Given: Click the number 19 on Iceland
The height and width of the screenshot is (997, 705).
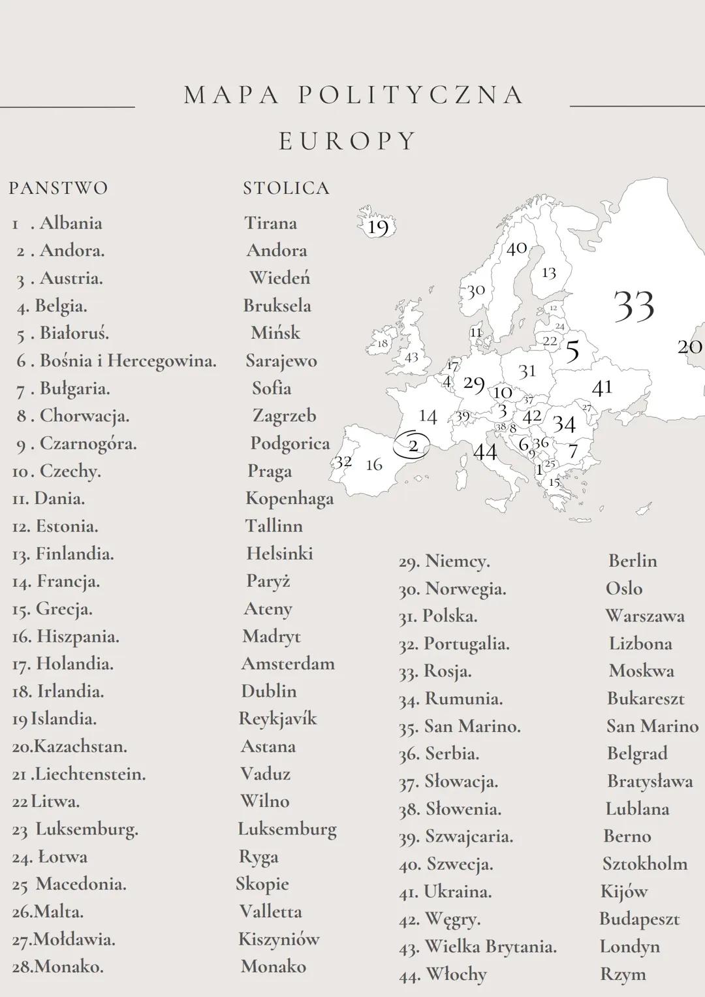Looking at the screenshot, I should tap(378, 227).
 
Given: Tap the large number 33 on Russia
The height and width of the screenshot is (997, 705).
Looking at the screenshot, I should tap(634, 306).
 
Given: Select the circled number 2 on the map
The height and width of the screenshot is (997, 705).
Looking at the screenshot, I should tap(413, 446).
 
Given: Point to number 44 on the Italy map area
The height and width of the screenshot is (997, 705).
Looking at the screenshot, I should tap(485, 452).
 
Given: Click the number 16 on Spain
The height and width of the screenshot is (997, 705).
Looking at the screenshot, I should tap(374, 465).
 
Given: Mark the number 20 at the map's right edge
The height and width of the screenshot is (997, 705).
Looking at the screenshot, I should tap(689, 347).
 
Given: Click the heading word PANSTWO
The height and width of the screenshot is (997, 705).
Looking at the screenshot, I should tap(58, 188).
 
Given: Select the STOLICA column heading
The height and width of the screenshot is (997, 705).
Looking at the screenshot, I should tap(286, 188).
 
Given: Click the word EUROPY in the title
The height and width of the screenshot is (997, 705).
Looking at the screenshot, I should tap(347, 141).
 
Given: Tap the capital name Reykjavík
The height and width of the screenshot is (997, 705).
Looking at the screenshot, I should tap(277, 719).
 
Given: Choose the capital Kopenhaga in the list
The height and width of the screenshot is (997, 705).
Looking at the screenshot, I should tap(289, 499).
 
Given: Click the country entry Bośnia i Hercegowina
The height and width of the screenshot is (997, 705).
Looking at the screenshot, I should tap(127, 361).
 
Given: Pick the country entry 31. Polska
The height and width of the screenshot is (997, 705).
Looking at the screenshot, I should tap(438, 616).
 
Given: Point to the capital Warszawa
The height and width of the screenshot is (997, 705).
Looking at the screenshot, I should tap(644, 616).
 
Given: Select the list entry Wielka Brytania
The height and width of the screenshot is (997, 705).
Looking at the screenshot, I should tap(490, 947).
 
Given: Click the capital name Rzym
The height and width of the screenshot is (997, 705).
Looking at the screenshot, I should tap(623, 974).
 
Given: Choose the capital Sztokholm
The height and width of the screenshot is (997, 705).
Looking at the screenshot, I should tap(644, 864).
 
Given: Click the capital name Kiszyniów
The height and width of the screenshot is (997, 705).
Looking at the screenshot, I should tap(279, 940).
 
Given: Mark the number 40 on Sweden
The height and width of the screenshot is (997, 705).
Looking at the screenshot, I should tap(517, 249).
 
